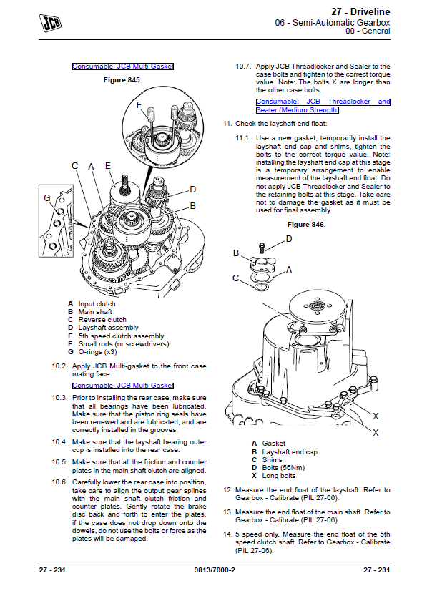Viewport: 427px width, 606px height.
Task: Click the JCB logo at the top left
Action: (50, 23)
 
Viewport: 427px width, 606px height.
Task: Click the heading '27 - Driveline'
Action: (360, 11)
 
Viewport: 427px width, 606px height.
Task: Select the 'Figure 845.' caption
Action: (122, 80)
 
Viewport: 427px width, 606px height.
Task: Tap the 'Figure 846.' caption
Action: (306, 225)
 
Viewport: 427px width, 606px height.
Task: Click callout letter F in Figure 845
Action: (139, 104)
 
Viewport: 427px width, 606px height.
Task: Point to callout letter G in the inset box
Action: (47, 198)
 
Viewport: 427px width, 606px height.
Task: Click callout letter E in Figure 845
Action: (108, 166)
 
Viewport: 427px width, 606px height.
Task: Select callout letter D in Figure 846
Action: (289, 239)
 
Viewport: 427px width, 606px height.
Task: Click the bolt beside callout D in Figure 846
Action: (262, 248)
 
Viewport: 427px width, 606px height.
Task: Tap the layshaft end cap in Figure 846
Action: (262, 264)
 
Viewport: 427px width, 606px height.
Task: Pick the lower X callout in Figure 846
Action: (376, 433)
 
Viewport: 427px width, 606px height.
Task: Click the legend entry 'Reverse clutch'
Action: (102, 320)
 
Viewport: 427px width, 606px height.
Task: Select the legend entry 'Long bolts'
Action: (279, 476)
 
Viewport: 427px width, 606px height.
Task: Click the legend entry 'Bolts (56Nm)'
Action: (283, 468)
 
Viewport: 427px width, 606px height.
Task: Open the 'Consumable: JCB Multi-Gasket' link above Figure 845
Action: (123, 67)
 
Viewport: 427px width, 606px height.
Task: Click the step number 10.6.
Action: (59, 482)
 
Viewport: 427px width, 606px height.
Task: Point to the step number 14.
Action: (227, 534)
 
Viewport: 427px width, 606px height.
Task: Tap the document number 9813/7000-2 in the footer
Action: (215, 570)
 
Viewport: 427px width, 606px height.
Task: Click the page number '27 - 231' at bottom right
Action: (377, 570)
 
